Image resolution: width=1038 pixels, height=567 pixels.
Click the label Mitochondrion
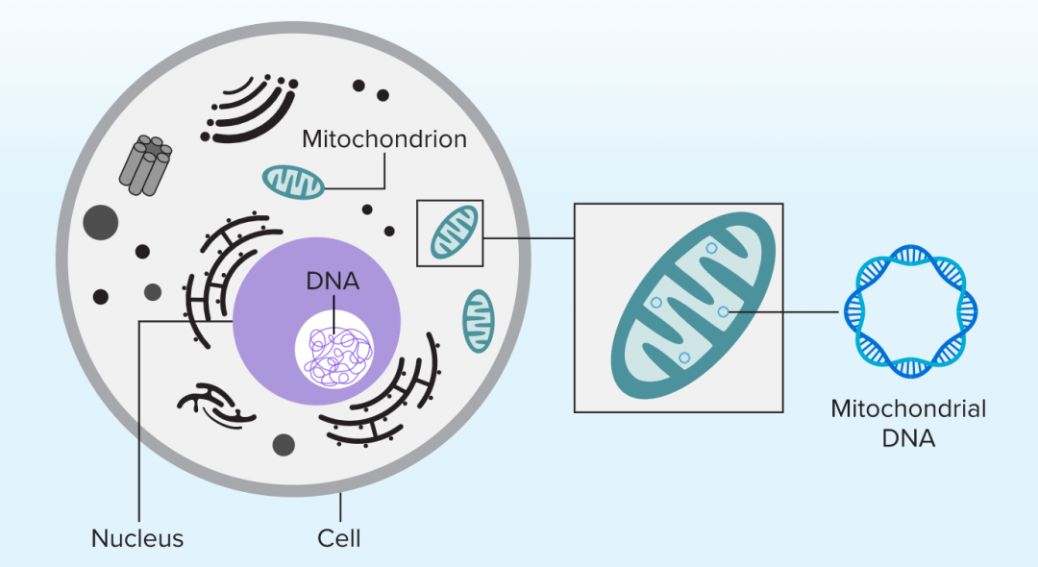(x=383, y=139)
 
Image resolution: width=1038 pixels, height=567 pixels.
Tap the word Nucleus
(x=136, y=537)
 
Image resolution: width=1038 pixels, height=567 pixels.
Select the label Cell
(x=339, y=537)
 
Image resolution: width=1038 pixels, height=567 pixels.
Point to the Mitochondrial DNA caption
(x=908, y=423)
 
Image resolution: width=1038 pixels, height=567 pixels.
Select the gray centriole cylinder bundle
(x=145, y=164)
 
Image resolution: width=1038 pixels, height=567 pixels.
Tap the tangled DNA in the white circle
(x=334, y=352)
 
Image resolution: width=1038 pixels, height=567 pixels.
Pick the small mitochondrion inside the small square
(x=451, y=234)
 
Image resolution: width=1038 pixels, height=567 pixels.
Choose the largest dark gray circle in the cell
(x=100, y=222)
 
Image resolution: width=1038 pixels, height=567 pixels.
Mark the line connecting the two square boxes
(x=529, y=236)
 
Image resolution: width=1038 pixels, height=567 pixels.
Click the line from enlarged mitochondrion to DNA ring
(x=783, y=312)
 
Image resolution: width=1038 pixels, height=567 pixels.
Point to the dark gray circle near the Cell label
(x=284, y=444)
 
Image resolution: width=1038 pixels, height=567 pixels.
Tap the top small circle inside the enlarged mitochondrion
(x=711, y=248)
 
